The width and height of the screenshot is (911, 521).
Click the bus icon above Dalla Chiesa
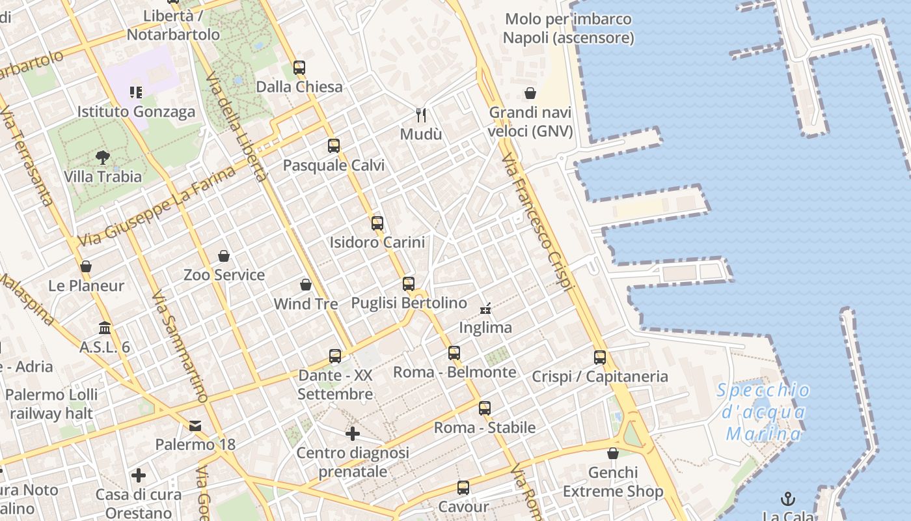click(299, 67)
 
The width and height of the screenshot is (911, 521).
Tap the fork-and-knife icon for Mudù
click(421, 115)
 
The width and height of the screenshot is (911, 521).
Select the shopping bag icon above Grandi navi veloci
click(530, 93)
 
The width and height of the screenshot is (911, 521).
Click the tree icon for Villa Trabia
click(102, 156)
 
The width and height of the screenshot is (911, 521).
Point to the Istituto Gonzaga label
click(136, 111)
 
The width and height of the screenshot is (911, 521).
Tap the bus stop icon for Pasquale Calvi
click(334, 146)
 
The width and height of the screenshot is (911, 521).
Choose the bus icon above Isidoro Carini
click(377, 223)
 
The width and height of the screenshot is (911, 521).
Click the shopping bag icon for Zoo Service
click(224, 255)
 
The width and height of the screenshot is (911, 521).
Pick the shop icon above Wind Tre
click(306, 285)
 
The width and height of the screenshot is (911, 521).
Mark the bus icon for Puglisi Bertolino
click(409, 284)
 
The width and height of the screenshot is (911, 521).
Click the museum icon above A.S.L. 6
click(105, 328)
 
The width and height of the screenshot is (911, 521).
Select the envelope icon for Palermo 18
click(195, 426)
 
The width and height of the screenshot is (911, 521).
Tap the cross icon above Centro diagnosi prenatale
click(353, 433)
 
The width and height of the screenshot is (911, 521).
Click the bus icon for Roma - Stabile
click(485, 408)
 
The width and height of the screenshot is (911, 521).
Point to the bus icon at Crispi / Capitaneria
click(600, 357)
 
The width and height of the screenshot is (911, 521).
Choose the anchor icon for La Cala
click(788, 499)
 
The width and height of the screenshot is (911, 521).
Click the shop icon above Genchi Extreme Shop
click(613, 453)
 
